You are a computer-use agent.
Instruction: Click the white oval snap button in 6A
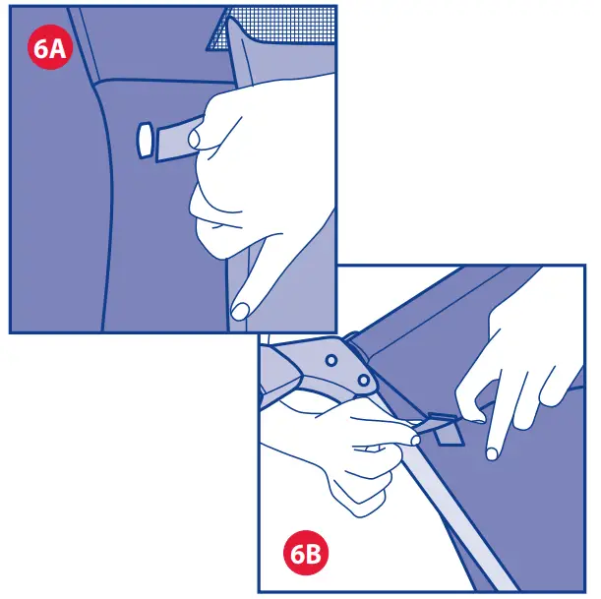[x=145, y=140]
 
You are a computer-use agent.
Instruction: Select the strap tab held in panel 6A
[x=173, y=140]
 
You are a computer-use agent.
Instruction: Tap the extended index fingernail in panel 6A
[x=239, y=311]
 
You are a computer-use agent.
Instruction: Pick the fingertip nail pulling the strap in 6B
[x=416, y=442]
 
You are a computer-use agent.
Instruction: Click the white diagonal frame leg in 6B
[x=462, y=521]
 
